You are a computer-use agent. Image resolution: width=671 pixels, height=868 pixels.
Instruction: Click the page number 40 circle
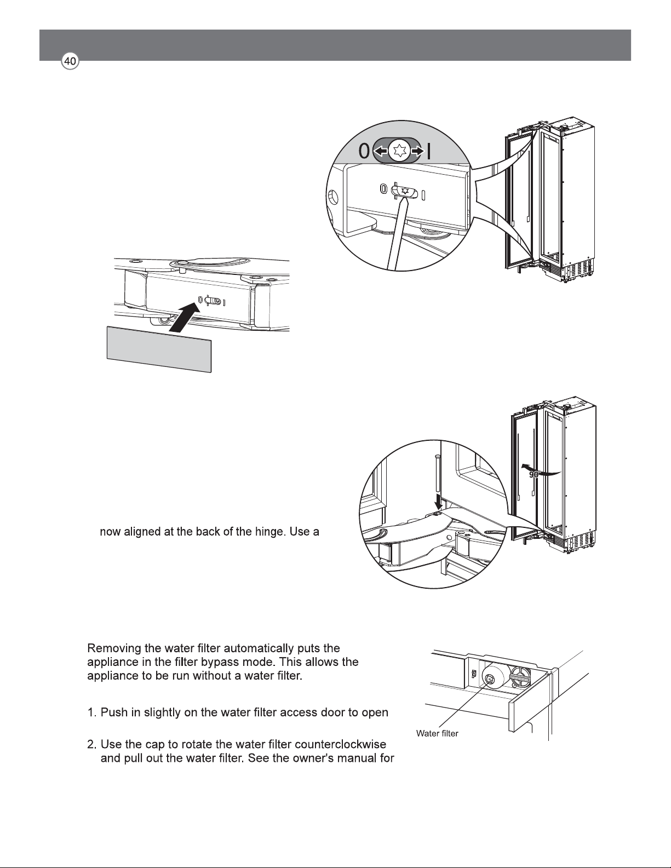[x=70, y=61]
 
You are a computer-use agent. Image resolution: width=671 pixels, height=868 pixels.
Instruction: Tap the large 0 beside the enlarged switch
[x=364, y=151]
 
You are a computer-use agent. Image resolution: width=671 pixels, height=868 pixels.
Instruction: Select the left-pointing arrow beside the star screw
[x=380, y=151]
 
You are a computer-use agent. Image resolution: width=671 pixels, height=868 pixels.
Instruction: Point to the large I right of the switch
[x=429, y=152]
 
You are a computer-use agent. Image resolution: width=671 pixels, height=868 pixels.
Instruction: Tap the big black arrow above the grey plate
[x=185, y=317]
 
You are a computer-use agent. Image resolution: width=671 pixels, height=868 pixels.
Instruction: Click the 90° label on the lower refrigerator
[x=535, y=475]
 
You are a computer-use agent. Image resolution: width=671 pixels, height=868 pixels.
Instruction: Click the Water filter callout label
[x=437, y=733]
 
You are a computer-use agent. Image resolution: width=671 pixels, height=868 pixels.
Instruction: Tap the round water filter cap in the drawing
[x=489, y=679]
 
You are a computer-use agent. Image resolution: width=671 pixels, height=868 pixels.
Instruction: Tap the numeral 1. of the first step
[x=92, y=712]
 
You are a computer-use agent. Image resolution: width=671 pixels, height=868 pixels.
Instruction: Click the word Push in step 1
[x=114, y=712]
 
